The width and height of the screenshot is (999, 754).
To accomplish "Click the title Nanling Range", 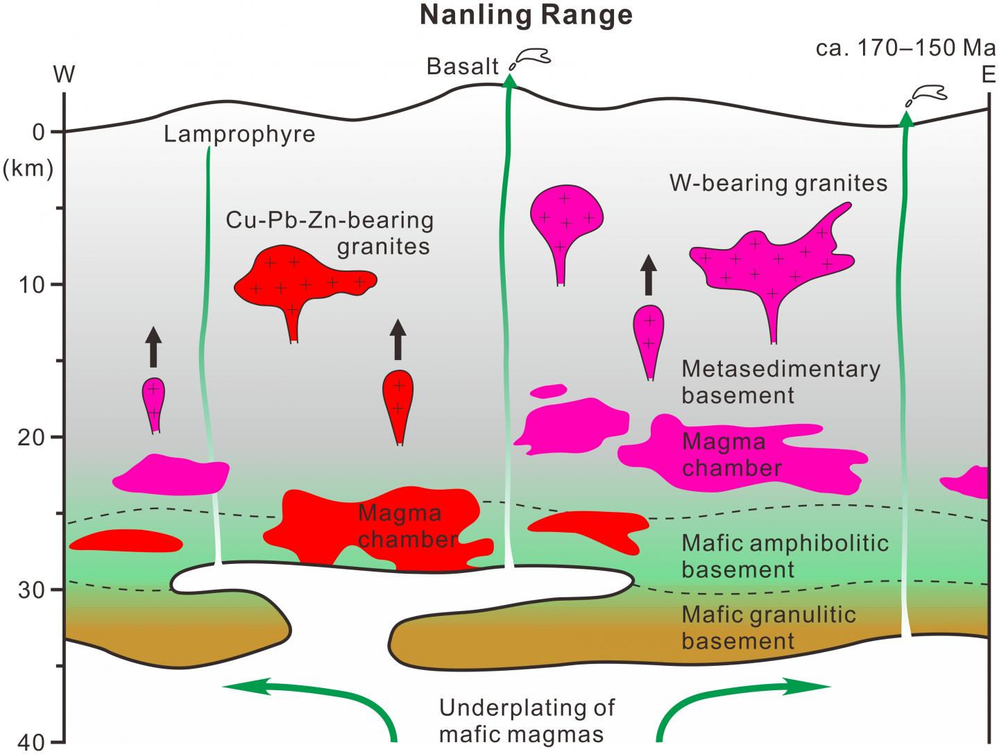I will coord(526,15).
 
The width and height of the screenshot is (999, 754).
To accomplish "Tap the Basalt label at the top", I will coord(463,67).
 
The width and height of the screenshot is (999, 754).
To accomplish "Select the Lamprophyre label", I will coord(239,133).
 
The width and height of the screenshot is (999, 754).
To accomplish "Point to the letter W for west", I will coord(65,75).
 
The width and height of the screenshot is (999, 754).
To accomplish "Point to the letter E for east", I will coord(989,75).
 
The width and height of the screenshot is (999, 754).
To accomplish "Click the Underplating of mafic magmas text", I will coord(527,721).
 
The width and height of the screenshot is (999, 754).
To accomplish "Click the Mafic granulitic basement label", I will coord(769,627).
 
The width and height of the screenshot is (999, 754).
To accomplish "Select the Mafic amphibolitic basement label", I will coord(785,556).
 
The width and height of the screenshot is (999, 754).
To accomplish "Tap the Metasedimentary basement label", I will coord(780,382).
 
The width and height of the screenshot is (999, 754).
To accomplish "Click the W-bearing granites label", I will coord(778,183).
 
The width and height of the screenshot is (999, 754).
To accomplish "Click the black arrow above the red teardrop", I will coord(398,339).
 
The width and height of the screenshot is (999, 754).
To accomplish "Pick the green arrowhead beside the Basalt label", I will coord(511,79).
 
